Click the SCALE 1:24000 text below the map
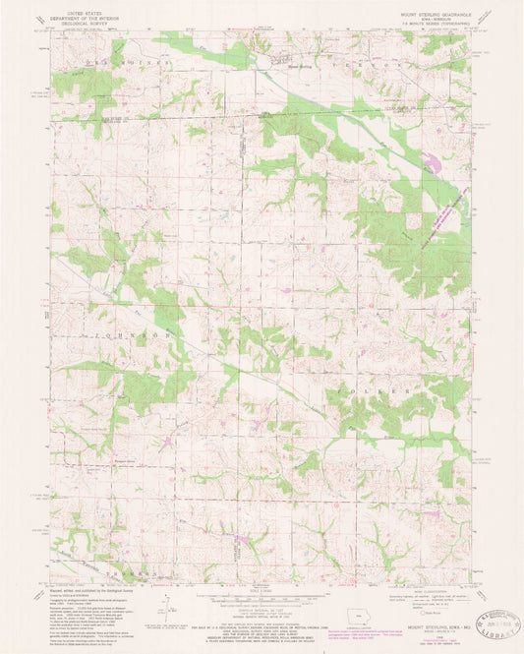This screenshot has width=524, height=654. click(x=262, y=590)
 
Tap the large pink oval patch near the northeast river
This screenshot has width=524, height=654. click(x=431, y=156)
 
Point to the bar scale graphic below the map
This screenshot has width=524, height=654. click(x=262, y=600)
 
